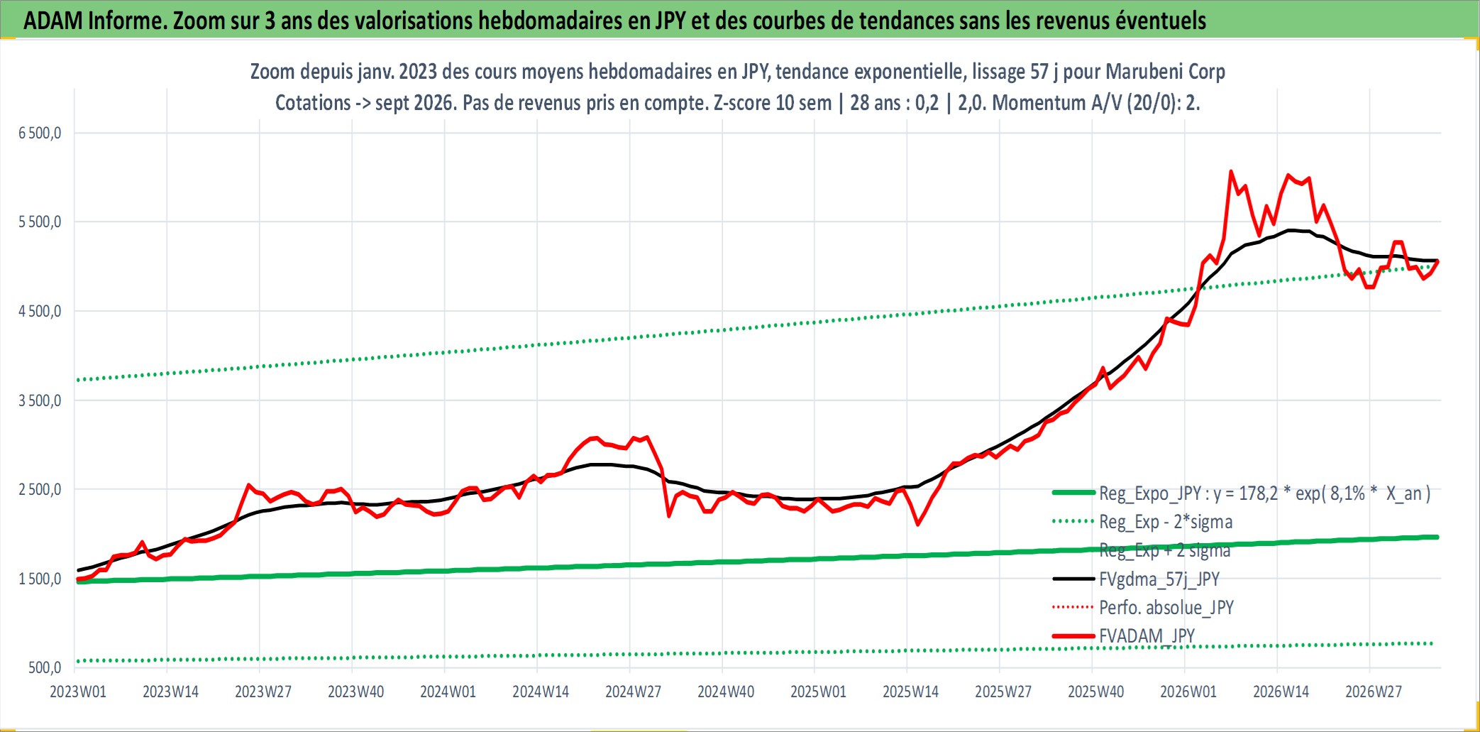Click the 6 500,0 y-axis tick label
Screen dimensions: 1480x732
click(x=40, y=133)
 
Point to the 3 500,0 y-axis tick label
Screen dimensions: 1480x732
click(x=40, y=400)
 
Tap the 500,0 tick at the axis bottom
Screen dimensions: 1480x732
click(x=45, y=667)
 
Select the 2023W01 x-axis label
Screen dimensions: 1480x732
click(x=78, y=692)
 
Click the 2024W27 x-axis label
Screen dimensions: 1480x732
click(x=633, y=692)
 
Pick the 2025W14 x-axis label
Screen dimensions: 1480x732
click(x=910, y=692)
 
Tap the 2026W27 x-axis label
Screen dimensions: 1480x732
click(x=1374, y=692)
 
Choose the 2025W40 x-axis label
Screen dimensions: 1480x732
click(x=1095, y=692)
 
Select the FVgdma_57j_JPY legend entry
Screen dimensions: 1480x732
click(x=1159, y=579)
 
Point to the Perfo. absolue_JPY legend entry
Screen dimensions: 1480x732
click(x=1166, y=608)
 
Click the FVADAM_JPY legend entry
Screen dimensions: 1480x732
click(x=1147, y=636)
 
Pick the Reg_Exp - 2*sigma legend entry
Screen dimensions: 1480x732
click(x=1166, y=522)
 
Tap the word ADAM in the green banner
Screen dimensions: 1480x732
click(x=53, y=21)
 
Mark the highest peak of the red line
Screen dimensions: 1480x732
click(x=1230, y=171)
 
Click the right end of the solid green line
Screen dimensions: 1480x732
click(x=1437, y=537)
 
